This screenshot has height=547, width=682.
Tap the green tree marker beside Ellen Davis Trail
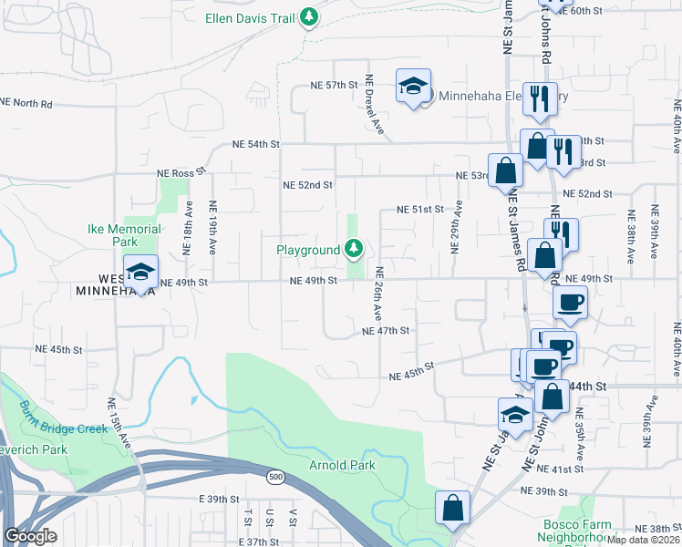(310, 16)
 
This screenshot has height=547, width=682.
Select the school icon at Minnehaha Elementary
(413, 87)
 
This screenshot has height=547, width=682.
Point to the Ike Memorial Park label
(124, 235)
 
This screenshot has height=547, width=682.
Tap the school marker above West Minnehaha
(140, 273)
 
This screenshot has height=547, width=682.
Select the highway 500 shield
(274, 476)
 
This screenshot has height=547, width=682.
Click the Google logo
(30, 535)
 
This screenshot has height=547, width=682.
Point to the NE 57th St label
(331, 85)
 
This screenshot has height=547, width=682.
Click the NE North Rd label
(26, 104)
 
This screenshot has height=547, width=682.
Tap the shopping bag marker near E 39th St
(452, 509)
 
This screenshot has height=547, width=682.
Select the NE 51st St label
(418, 210)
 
